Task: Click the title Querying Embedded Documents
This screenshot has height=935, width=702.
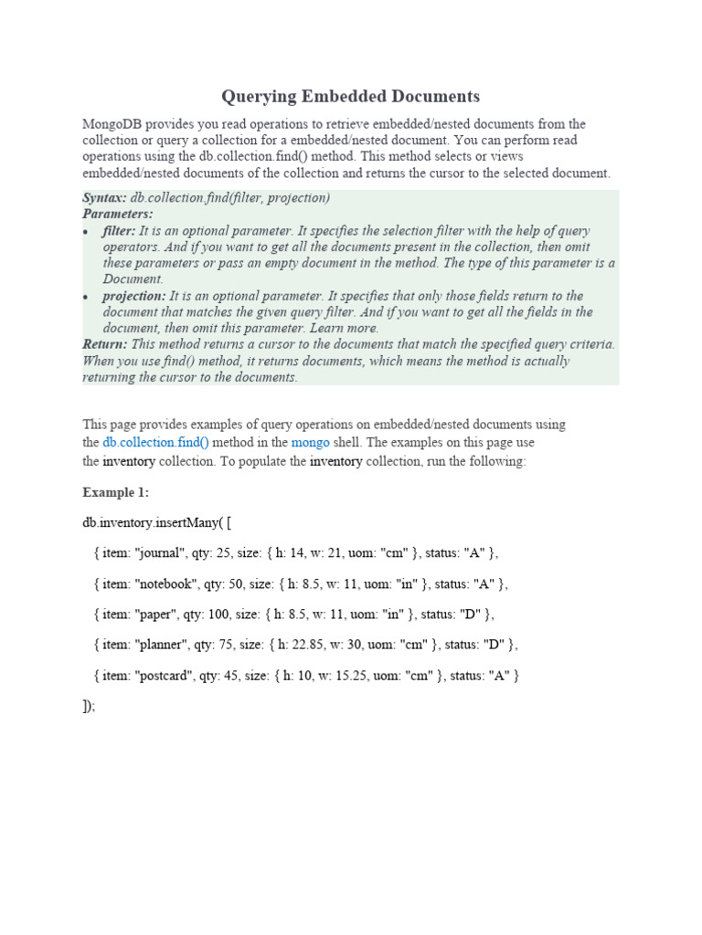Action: [x=351, y=96]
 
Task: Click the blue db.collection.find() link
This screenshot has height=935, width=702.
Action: [x=155, y=442]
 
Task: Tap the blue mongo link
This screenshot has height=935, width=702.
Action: [x=310, y=442]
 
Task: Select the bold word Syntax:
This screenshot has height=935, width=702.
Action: [x=105, y=198]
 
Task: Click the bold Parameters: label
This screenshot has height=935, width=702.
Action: [x=118, y=215]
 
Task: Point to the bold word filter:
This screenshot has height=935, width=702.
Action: [x=119, y=231]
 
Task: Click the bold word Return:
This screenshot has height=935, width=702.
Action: [x=105, y=344]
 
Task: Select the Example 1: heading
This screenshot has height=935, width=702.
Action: [x=115, y=492]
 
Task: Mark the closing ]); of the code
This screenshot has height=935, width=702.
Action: [x=89, y=706]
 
